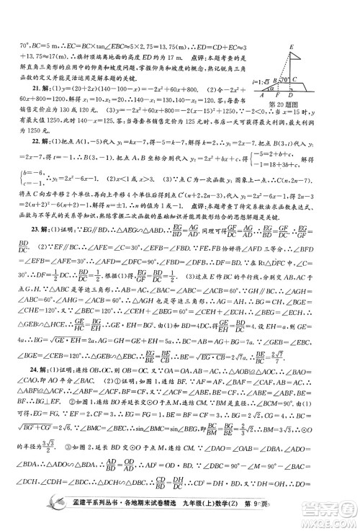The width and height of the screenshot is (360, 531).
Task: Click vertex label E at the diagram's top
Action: click(x=290, y=47)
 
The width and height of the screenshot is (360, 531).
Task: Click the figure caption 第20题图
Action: click(x=282, y=104)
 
